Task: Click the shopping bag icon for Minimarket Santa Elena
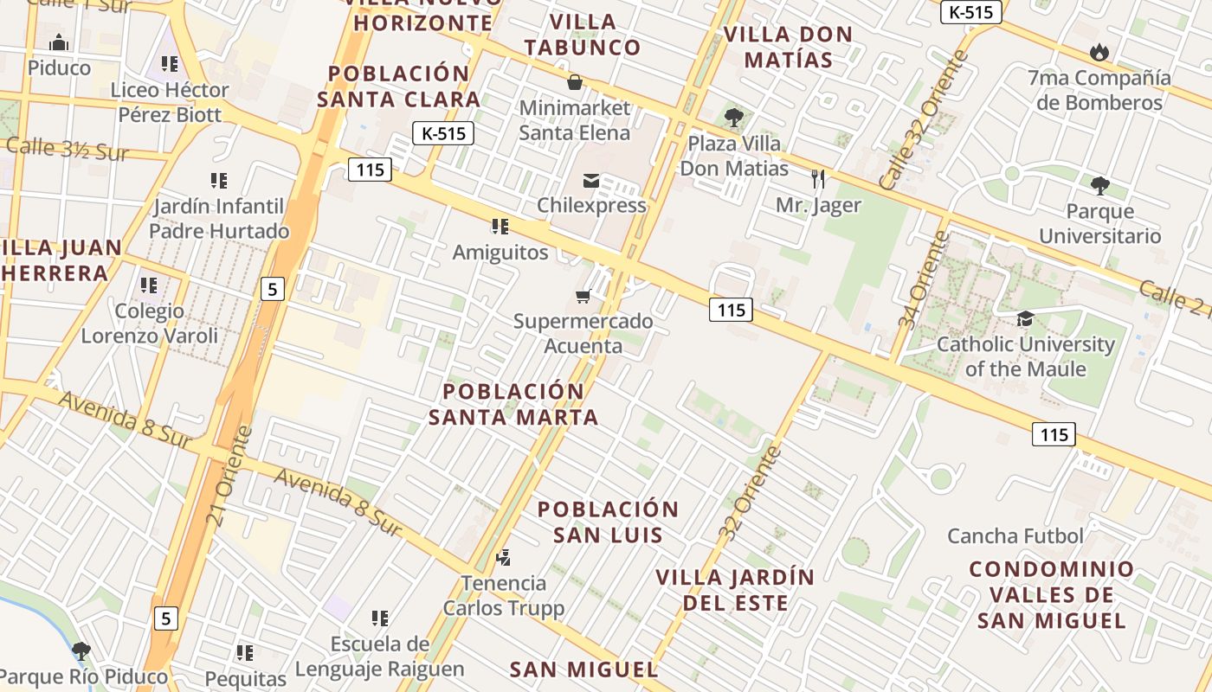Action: tap(574, 83)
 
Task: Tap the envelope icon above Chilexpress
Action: tap(591, 181)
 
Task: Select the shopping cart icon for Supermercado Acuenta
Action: tap(583, 297)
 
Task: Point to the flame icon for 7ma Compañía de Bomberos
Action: tap(1099, 53)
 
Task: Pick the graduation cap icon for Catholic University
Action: tap(1026, 319)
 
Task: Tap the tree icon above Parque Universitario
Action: tap(1099, 186)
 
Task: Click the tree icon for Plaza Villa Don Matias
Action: tap(734, 118)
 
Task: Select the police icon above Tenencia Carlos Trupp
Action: tap(504, 558)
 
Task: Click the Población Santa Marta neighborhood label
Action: tap(514, 404)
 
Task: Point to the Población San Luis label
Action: tap(608, 522)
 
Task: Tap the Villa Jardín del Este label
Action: tap(735, 590)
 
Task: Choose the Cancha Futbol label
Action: tap(1015, 536)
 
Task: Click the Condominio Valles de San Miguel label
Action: tap(1052, 595)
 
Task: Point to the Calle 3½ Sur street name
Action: tap(68, 149)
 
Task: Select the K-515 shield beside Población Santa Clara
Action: tap(443, 133)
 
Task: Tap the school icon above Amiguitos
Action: tap(500, 227)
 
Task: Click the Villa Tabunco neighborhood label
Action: tap(583, 35)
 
